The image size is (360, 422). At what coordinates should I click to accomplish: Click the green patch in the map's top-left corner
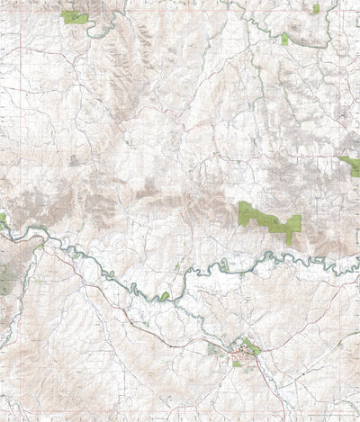pyautogui.click(x=76, y=17)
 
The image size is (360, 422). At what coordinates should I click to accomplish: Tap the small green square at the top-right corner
pyautogui.click(x=316, y=8)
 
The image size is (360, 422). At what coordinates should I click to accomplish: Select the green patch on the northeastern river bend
pyautogui.click(x=285, y=39)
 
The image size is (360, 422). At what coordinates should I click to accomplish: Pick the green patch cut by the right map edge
pyautogui.click(x=350, y=164)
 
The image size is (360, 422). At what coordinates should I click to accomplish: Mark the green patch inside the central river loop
pyautogui.click(x=165, y=295)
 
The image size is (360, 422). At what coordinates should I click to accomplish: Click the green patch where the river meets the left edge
pyautogui.click(x=3, y=219)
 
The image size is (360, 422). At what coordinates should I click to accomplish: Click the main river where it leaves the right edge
pyautogui.click(x=357, y=267)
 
